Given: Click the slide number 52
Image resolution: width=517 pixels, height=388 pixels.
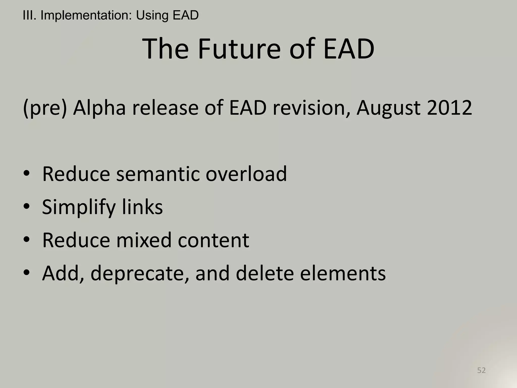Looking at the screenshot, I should (481, 370).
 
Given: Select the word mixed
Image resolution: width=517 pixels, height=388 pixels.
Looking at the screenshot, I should (144, 240).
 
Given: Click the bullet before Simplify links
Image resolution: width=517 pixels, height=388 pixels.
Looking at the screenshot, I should (27, 207).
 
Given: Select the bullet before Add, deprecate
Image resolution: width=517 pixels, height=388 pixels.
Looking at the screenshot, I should (27, 273).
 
